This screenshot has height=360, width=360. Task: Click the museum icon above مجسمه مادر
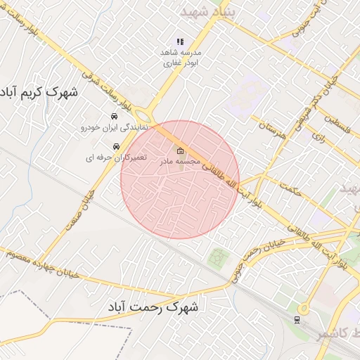181,150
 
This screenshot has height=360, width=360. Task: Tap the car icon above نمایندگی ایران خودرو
113,116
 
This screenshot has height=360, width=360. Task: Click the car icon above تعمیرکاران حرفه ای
106,146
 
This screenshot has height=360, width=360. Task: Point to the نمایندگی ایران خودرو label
112,128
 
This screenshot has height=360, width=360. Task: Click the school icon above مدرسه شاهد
180,41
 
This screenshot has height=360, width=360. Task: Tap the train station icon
297,320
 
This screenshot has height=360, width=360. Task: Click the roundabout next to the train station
304,308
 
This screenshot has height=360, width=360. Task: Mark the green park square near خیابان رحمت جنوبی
219,257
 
